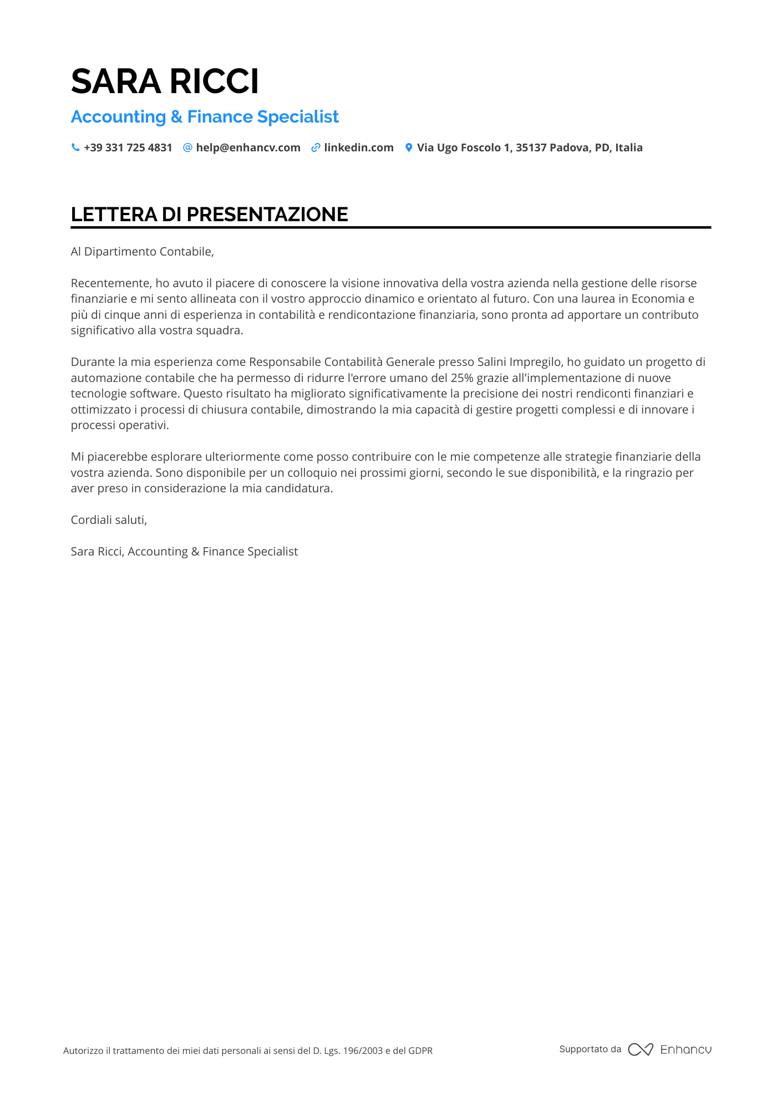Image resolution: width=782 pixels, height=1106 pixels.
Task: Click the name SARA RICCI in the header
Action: point(165,81)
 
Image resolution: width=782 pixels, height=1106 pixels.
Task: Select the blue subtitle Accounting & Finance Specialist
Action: point(205,117)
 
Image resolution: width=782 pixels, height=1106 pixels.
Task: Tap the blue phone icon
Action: point(75,147)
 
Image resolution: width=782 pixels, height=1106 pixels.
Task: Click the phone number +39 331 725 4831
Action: point(128,148)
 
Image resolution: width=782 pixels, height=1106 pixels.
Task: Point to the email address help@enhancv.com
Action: point(248,148)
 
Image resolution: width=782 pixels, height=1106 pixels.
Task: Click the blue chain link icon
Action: point(316,148)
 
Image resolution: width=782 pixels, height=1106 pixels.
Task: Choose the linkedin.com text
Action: point(359,148)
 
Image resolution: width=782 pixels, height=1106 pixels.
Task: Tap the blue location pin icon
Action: point(409,148)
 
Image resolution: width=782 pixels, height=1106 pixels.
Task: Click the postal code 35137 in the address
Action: point(531,148)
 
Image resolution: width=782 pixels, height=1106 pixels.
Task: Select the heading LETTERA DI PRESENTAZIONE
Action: point(209,215)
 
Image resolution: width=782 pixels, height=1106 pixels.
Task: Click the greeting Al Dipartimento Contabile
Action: point(142,252)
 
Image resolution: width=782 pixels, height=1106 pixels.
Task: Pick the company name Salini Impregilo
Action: point(519,362)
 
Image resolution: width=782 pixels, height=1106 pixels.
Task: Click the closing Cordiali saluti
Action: point(109,520)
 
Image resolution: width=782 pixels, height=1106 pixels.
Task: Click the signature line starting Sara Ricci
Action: point(184,552)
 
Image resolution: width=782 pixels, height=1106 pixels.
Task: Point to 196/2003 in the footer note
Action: point(363,1051)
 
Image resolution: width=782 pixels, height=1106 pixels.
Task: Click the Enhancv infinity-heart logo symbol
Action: point(641,1049)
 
